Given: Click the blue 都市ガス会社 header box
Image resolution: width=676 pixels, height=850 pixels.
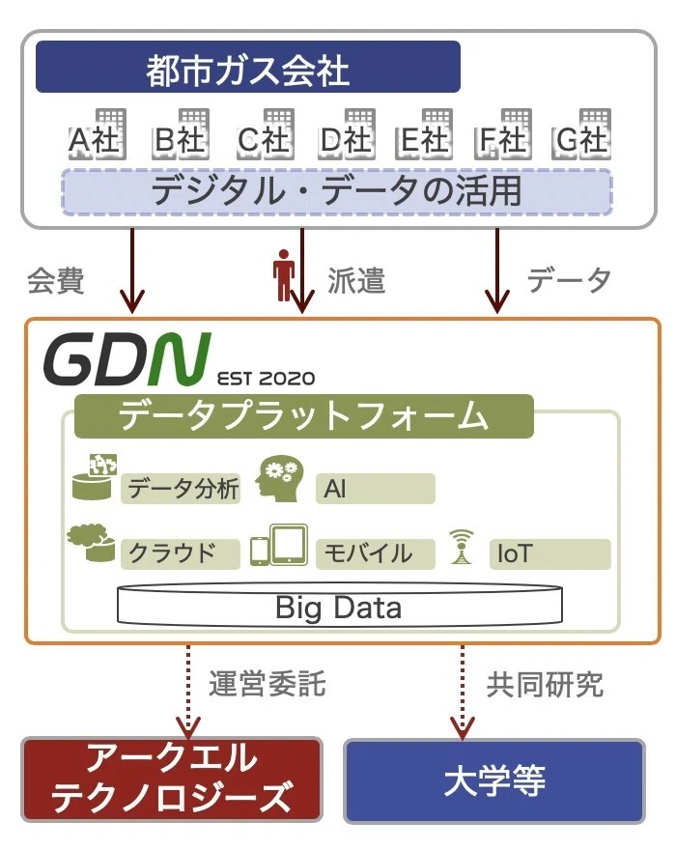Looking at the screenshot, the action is pos(248,67).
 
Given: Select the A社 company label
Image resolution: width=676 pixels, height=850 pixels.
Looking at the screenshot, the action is pos(95,140).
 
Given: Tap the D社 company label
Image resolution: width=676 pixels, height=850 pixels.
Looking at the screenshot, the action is pos(346,140).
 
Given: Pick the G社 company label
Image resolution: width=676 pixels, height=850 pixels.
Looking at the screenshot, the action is pos(581,140).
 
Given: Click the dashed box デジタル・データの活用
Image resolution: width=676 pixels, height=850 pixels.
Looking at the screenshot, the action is pos(337,192).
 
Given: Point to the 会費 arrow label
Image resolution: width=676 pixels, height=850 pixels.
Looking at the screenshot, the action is pos(56,280).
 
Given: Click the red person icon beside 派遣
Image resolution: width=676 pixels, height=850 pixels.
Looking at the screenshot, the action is pos(283,275).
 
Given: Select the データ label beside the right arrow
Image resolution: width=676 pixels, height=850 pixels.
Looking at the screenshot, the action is pos(569,280).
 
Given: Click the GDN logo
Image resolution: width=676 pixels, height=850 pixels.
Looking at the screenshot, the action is pos(127,359).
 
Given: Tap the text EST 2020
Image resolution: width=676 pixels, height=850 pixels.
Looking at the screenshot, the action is pos(266,378).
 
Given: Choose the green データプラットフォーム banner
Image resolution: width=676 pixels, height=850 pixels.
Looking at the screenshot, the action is pos(303,416).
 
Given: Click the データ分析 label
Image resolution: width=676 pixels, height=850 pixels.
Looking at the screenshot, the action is pos(181,489).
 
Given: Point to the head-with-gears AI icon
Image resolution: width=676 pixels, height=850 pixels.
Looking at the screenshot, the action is pos(279,478).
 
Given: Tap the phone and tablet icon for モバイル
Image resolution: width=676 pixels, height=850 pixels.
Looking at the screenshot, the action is pos(279,545).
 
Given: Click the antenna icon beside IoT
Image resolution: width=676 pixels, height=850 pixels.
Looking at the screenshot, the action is pos(462,547).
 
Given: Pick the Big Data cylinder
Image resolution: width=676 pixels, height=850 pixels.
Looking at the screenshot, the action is pos(340,606).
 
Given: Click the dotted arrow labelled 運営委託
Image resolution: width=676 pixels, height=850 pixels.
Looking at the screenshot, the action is pos(188,692).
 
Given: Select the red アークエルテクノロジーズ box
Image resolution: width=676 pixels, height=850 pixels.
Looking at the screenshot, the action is pos(172,779).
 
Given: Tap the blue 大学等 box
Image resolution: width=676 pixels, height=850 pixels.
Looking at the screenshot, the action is pos(494,781).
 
